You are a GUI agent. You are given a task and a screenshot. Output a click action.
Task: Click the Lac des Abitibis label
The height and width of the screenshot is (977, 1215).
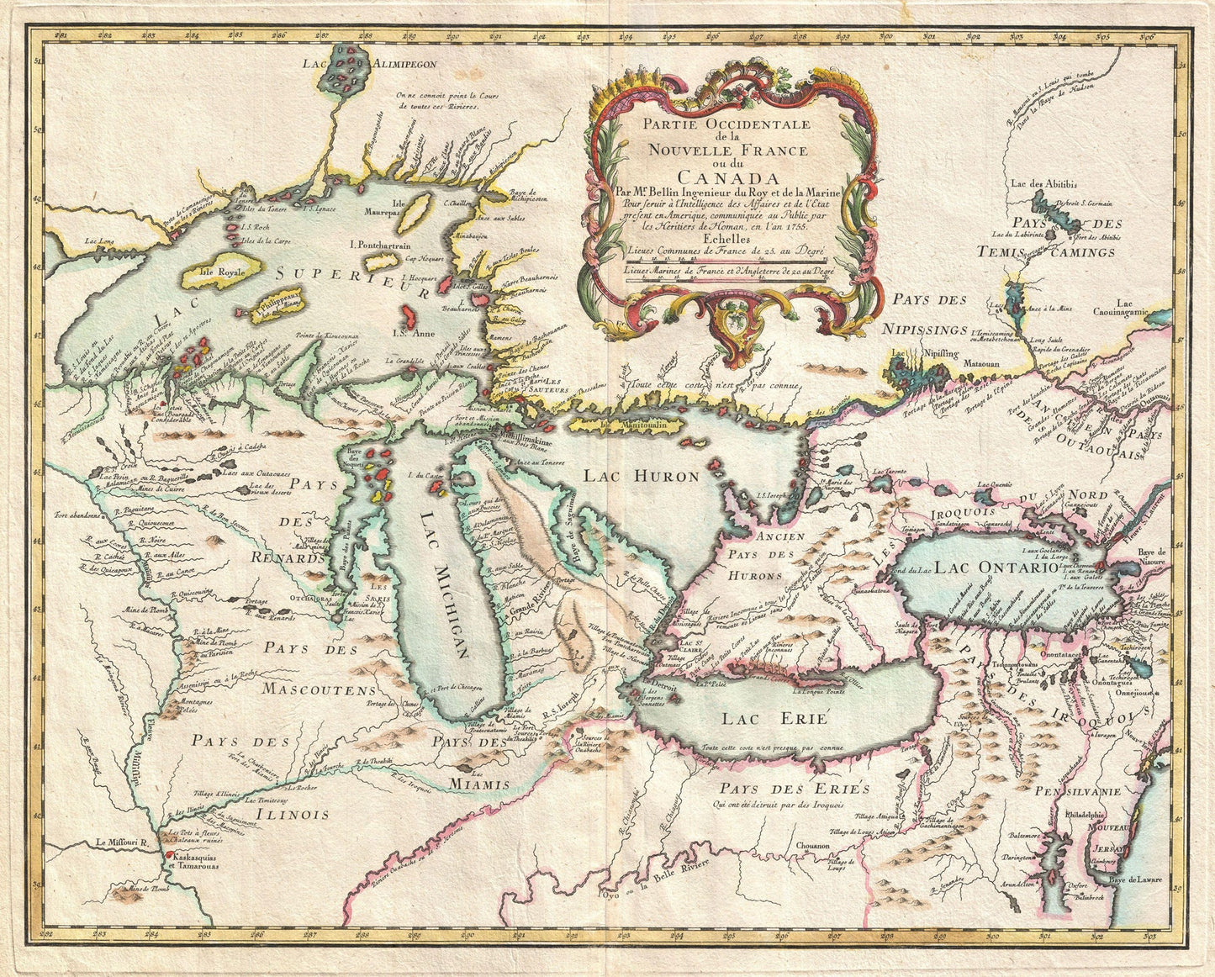click(x=1045, y=183)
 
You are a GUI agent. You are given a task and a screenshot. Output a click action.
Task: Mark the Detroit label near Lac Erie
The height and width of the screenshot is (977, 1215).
click(x=658, y=684)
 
